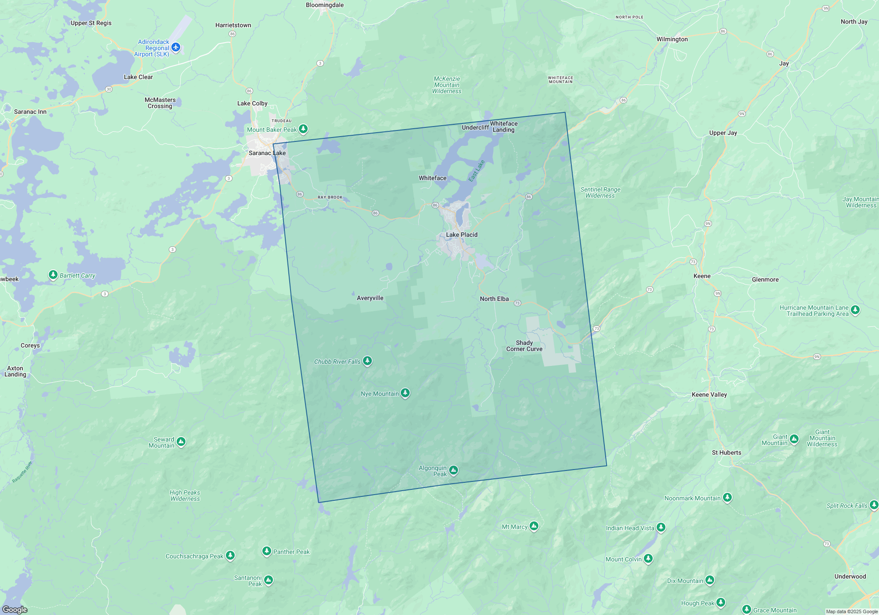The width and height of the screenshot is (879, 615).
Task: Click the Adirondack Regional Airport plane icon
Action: point(176,47)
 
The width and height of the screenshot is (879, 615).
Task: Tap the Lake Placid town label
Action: point(461,235)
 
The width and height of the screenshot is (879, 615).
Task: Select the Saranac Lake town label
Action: point(267,153)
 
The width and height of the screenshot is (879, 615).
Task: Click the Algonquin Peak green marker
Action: point(454,470)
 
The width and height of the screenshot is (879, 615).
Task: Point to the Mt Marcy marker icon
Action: point(534,526)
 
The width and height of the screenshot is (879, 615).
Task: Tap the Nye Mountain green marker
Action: point(405,393)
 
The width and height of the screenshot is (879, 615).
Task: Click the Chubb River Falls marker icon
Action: point(367,361)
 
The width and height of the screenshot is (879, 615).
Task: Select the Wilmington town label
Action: point(672,39)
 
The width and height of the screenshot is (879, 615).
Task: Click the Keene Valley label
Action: point(709,394)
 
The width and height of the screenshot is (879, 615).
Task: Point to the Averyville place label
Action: point(370,298)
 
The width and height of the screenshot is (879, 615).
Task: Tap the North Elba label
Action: point(494,299)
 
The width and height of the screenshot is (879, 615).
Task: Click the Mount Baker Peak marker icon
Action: point(303,129)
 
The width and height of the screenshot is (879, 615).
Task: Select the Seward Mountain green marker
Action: point(181,441)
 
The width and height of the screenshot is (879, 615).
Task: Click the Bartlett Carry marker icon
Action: point(53,275)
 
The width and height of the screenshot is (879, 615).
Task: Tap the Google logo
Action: point(15,609)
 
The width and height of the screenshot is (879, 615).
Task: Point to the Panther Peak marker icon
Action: point(267,551)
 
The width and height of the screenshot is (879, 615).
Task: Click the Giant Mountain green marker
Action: point(794,439)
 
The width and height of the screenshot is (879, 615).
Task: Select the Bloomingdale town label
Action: point(325,5)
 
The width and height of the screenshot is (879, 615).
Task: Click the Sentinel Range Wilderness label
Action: point(600,192)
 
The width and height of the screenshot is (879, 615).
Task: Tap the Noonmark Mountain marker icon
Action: point(727,497)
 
